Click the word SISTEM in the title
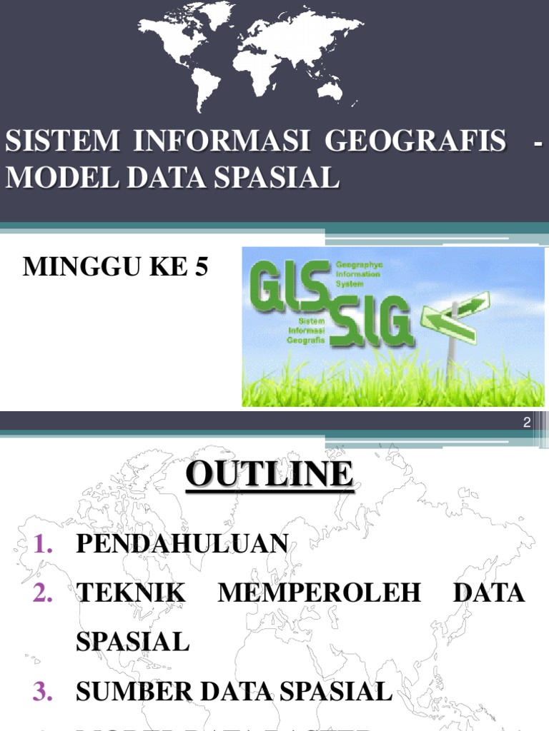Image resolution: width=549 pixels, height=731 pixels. (63, 141)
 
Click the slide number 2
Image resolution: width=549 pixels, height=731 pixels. (527, 423)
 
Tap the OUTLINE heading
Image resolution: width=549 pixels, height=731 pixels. (270, 475)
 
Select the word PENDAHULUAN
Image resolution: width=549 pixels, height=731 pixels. (182, 545)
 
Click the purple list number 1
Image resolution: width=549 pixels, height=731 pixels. (44, 545)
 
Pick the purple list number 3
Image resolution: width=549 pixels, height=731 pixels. (43, 691)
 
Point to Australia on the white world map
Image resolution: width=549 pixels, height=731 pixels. (330, 89)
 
